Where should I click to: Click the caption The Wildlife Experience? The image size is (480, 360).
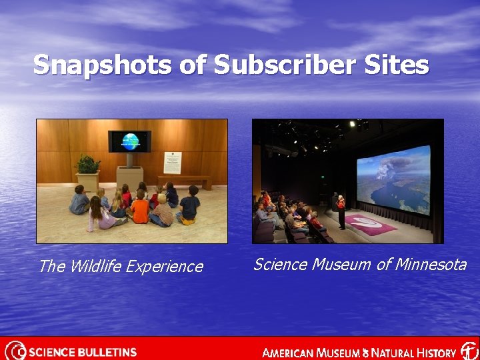pos(121,267)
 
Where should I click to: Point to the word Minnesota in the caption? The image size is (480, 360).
pos(430,265)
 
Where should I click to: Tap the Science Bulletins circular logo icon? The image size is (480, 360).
pos(15,351)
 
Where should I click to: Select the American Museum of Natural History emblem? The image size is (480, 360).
pos(469,351)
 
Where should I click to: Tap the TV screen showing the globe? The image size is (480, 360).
pos(129,141)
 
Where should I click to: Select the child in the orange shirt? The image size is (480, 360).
pos(140,209)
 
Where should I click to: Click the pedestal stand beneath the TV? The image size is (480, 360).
pos(129,173)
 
